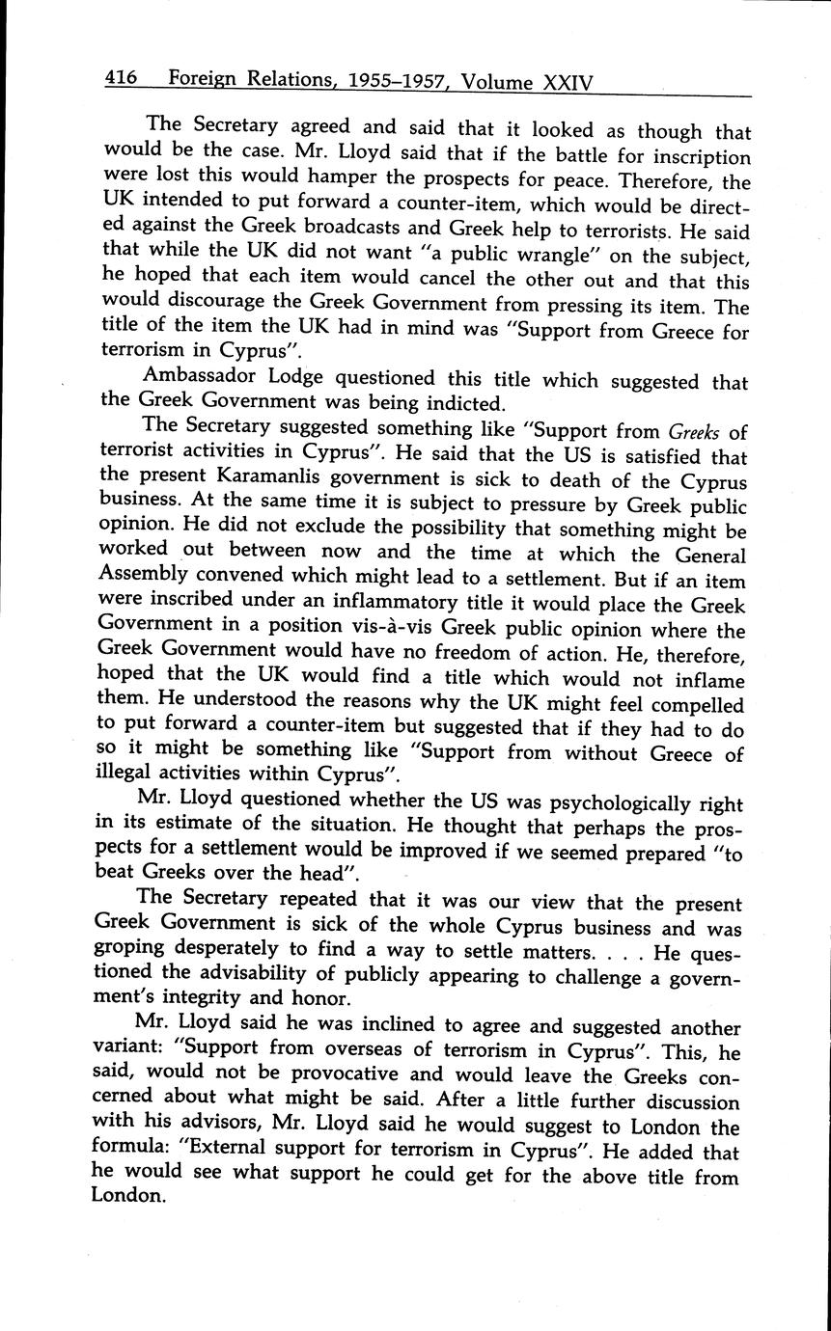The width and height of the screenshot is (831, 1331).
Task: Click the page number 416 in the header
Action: tap(122, 77)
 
